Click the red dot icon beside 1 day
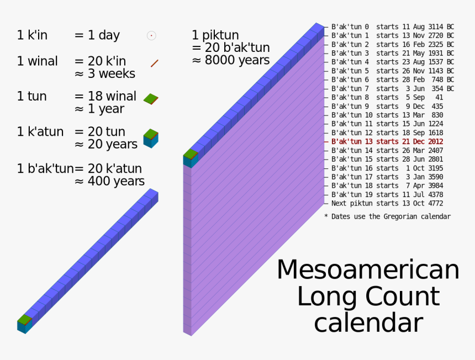tap(151, 36)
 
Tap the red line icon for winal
tap(155, 63)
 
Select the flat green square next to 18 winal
tap(151, 99)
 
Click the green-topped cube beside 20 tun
tap(151, 137)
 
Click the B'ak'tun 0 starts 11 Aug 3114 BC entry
tap(393, 27)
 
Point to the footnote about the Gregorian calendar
tap(387, 216)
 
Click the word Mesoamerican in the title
tap(368, 270)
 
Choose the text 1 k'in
tap(32, 35)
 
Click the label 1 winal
tap(37, 61)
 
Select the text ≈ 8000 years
tap(230, 60)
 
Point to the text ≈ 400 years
tap(109, 181)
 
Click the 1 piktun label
tap(215, 35)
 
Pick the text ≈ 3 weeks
tap(105, 73)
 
